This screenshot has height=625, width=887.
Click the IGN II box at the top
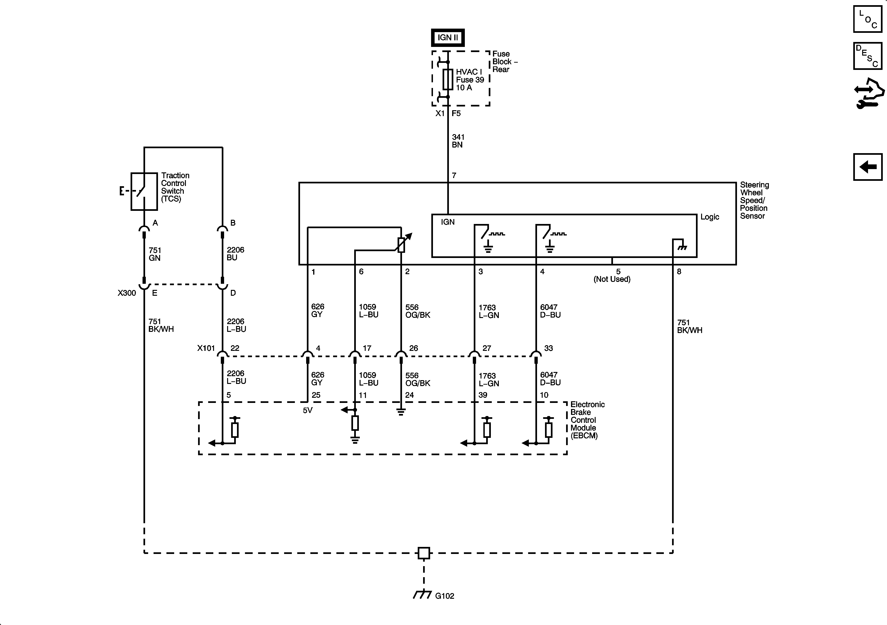448,38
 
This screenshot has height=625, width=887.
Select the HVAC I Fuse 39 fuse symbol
448,79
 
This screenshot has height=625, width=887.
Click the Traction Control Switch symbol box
144,191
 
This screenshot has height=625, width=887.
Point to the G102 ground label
444,596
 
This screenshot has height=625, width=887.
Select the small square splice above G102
424,553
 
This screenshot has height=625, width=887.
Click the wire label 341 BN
458,141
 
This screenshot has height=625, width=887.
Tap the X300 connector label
127,293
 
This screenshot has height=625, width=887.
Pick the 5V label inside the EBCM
308,410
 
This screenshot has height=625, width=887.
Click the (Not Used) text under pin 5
612,279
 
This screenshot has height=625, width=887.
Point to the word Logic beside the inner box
710,217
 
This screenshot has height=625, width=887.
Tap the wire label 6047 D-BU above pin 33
550,311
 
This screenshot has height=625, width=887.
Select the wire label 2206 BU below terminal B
235,254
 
